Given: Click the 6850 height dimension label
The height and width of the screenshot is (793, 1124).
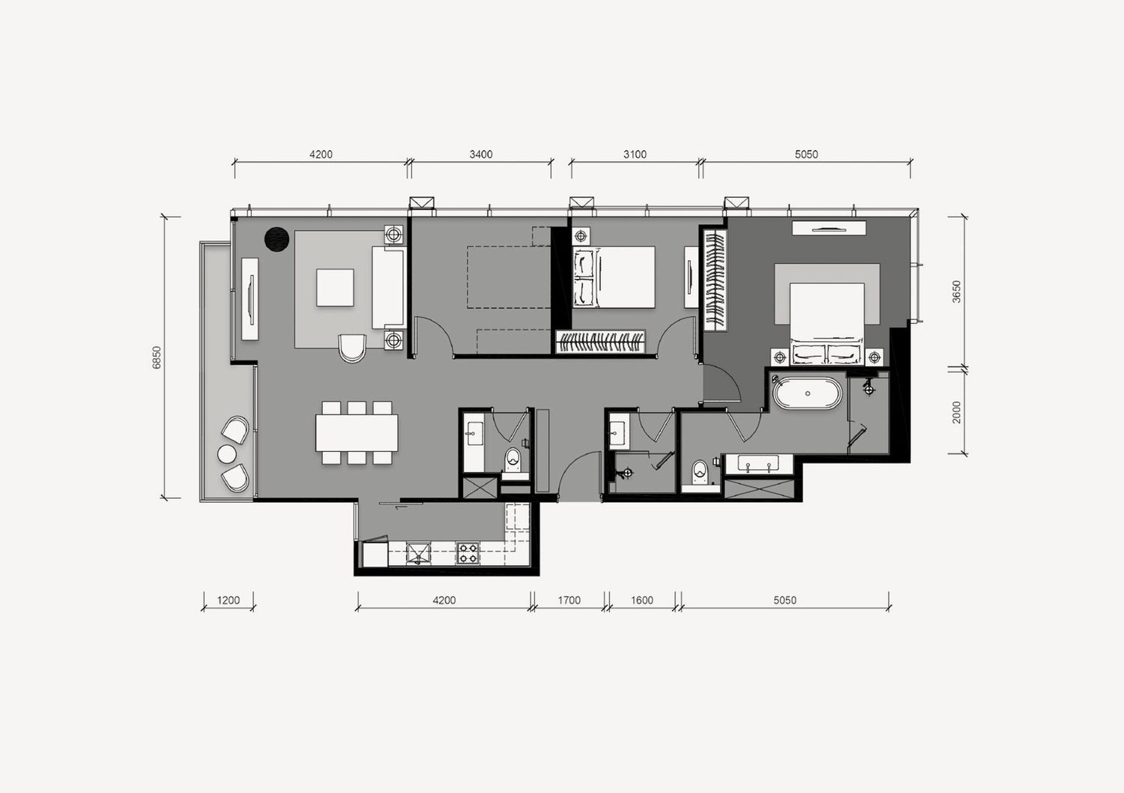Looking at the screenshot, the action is point(157,358).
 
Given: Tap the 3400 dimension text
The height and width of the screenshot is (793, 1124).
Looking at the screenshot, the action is point(481,154).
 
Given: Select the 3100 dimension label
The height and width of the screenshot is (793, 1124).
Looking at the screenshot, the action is point(635,154).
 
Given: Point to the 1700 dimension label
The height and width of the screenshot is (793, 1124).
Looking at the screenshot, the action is point(569,600).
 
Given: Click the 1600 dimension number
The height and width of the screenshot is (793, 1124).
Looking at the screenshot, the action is point(641,600).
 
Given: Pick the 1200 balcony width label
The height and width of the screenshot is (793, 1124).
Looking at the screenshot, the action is point(229,600).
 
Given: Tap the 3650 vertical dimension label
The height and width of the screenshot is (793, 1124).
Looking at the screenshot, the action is point(957,292).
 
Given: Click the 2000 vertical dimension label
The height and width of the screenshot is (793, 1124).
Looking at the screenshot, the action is point(957,412).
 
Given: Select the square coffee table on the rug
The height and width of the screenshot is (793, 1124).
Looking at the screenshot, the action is point(335,288).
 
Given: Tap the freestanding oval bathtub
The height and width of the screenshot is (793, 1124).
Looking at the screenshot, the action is point(807,394).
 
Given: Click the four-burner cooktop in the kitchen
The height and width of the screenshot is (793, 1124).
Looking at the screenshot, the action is point(468,552).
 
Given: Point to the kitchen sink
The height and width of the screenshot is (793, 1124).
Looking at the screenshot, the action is point(418,553).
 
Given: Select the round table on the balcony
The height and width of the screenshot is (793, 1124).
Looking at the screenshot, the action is point(227,454).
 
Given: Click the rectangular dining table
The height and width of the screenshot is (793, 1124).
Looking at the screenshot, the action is point(357,432).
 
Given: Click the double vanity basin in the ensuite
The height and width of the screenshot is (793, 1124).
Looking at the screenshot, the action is point(758,464).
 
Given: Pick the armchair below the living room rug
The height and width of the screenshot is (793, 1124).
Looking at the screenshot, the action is point(352,348).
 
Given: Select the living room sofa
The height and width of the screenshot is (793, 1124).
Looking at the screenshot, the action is point(388,288).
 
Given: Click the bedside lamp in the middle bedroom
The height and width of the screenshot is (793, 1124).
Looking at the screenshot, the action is point(581,235).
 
